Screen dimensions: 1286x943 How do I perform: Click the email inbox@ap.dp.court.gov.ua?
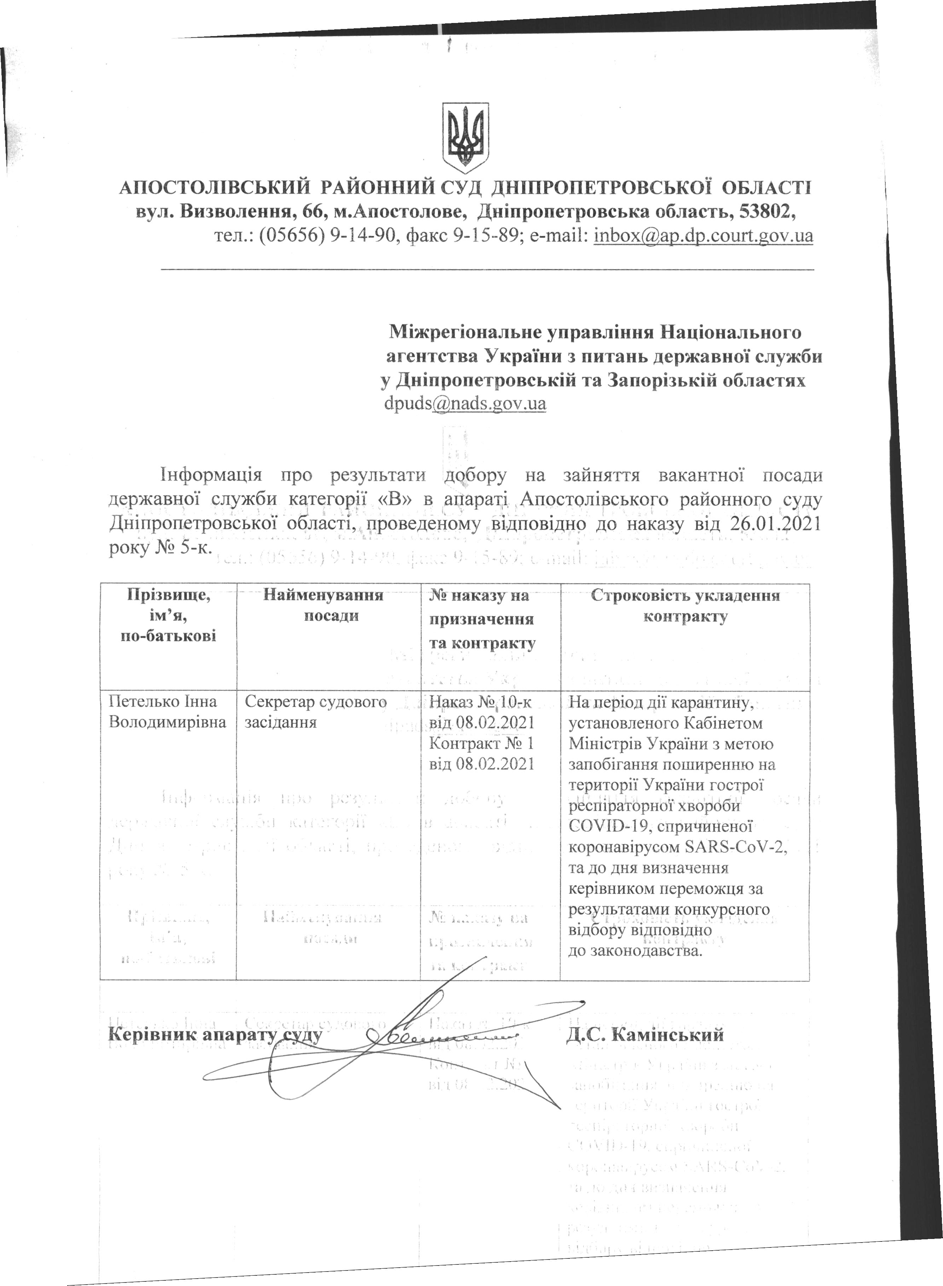(x=703, y=235)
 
